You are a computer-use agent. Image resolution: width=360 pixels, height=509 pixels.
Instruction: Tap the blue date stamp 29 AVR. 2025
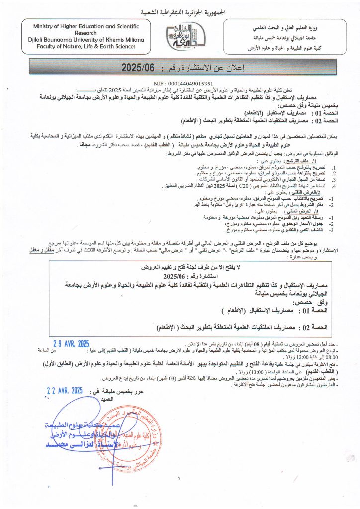click(x=71, y=343)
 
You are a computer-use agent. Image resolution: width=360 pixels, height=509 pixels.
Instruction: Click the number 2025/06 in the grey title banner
click(x=140, y=67)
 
